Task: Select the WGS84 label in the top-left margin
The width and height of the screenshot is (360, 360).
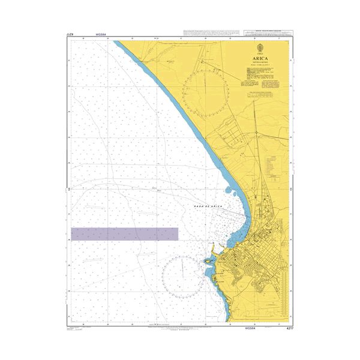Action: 101,35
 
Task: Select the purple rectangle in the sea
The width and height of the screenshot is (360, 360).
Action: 124,234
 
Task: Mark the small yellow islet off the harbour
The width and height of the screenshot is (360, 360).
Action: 208,261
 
